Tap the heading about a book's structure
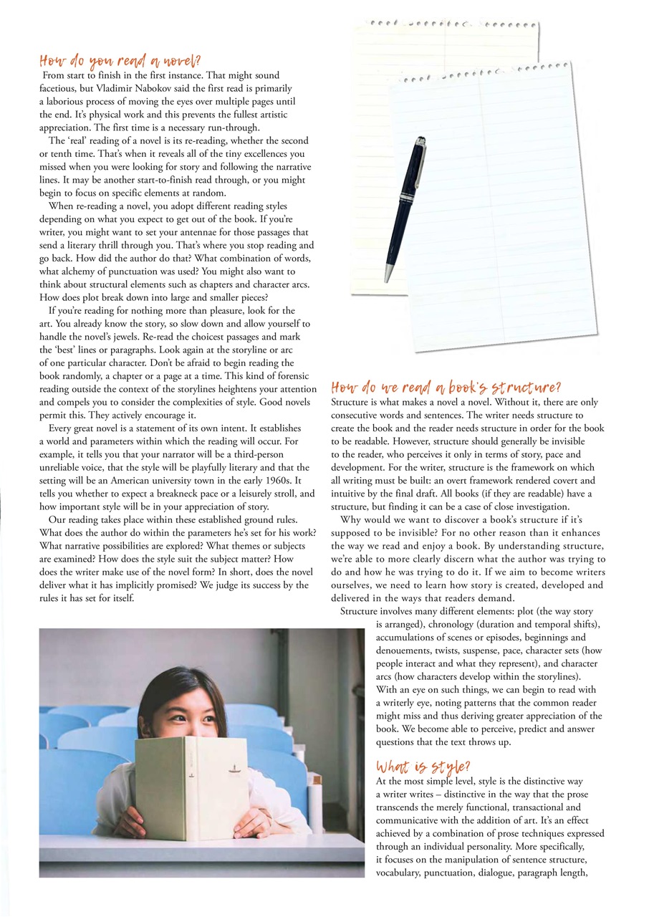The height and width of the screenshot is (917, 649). click(x=446, y=388)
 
